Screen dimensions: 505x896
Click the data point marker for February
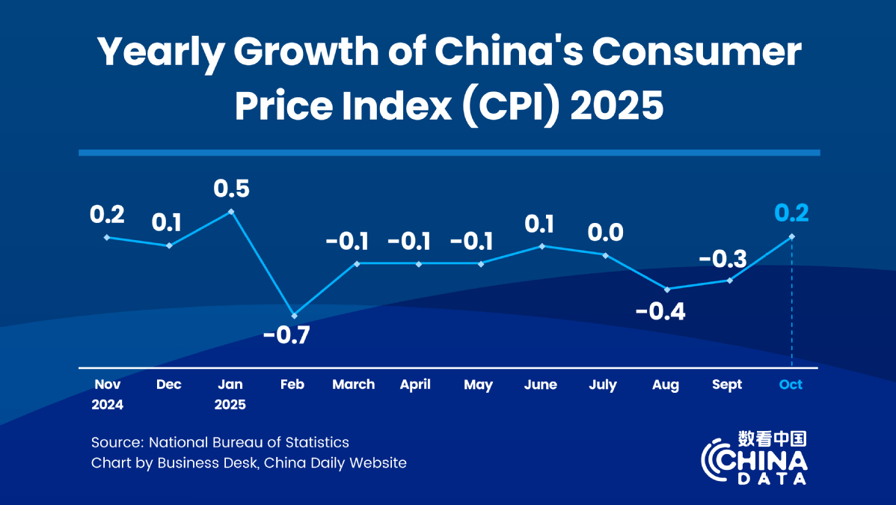click(x=294, y=315)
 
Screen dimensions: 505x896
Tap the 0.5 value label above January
click(x=231, y=188)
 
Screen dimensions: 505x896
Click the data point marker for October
click(x=792, y=237)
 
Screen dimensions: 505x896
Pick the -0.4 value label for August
click(x=660, y=310)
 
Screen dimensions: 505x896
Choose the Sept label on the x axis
click(x=727, y=385)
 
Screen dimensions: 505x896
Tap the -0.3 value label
click(x=722, y=260)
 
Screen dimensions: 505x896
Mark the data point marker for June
click(x=542, y=246)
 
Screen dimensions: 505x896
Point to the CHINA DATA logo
click(x=755, y=459)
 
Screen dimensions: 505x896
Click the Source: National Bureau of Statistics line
click(x=220, y=442)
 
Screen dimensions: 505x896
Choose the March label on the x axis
click(x=354, y=385)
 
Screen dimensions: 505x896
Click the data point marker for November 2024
click(x=107, y=237)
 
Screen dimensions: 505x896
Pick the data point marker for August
click(x=666, y=289)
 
